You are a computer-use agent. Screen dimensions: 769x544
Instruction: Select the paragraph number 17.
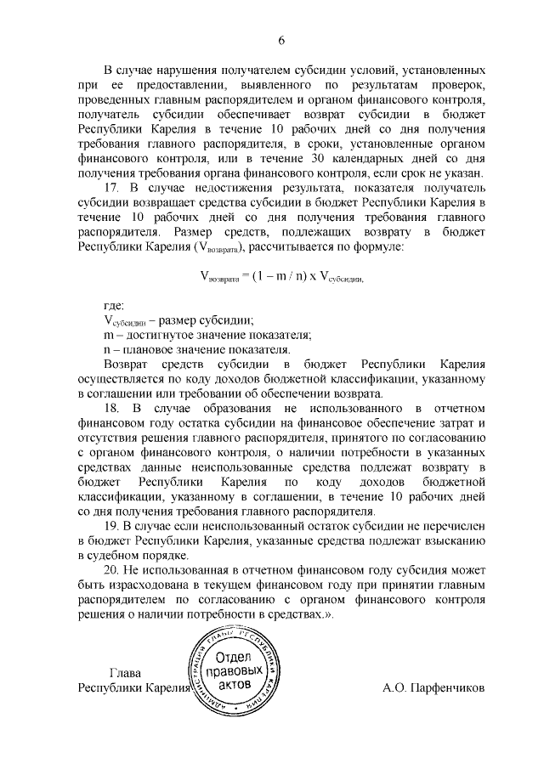tap(110, 187)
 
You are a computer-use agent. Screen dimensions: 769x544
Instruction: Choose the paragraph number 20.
tap(110, 571)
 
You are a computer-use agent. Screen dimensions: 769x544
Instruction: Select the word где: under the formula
tap(113, 305)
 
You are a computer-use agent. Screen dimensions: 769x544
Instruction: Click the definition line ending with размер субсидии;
tap(178, 320)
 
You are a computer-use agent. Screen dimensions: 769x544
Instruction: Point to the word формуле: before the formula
tap(377, 246)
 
